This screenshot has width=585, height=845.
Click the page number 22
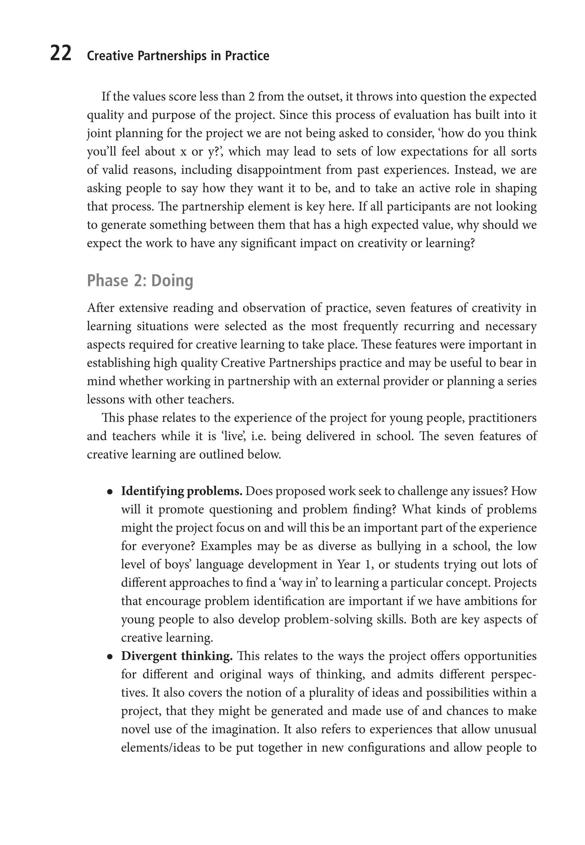click(x=61, y=54)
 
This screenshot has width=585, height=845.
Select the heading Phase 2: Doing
click(x=140, y=281)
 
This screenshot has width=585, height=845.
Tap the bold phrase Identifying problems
click(x=181, y=491)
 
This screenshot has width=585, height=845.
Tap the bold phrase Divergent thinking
click(x=177, y=656)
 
